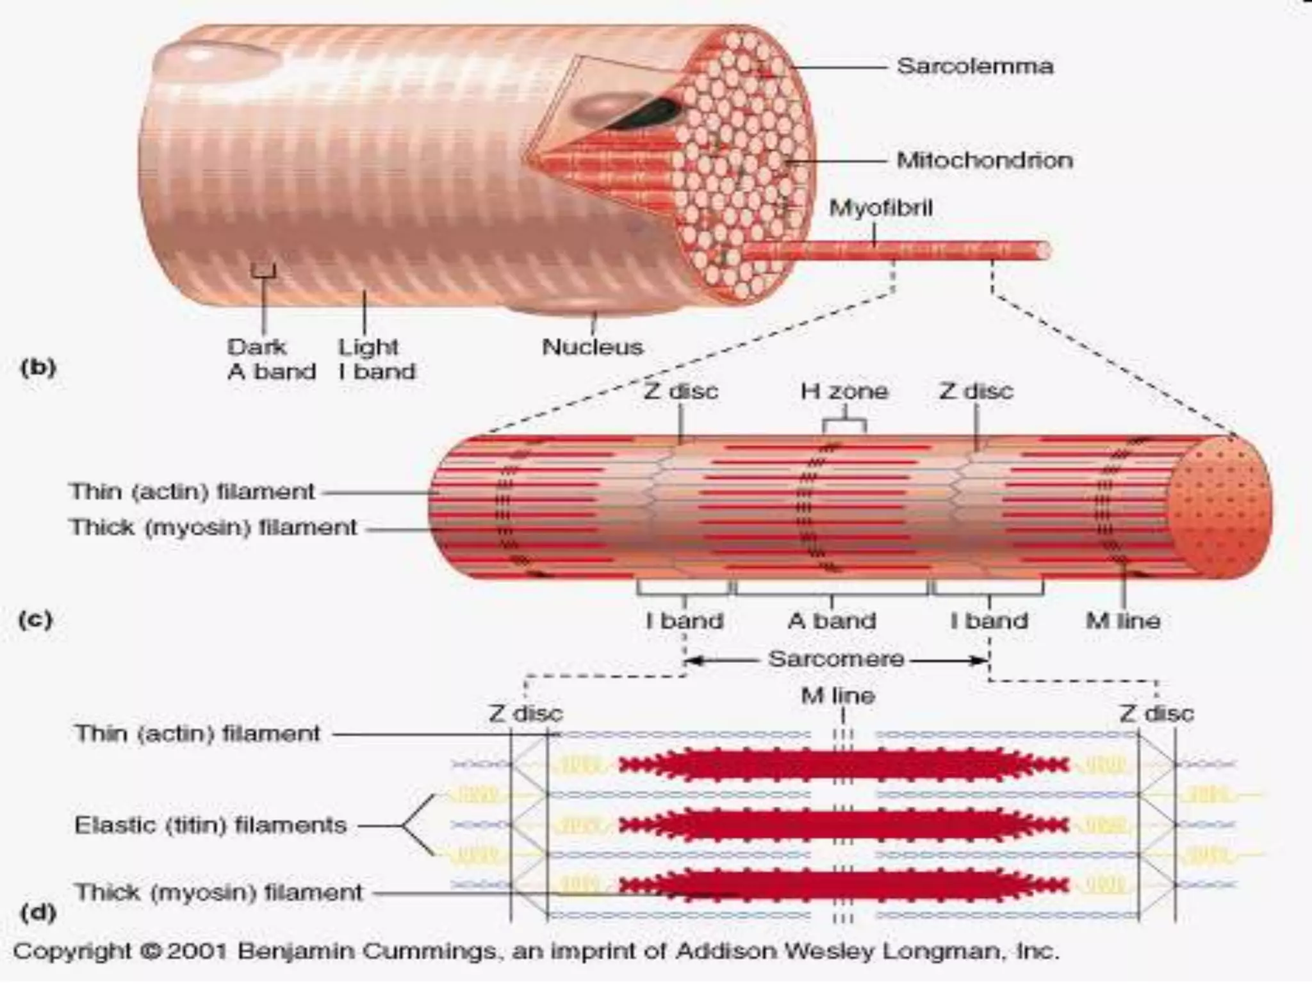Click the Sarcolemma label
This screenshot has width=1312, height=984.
974,67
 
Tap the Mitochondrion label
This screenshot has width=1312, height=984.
984,160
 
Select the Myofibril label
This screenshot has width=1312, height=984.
880,208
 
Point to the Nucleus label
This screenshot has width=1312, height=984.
593,347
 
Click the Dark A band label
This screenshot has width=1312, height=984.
271,359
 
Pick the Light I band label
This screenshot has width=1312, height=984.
377,359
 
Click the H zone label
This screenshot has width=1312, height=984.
844,391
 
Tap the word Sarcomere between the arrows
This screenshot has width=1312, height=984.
836,659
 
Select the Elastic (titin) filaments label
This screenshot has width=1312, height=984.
211,825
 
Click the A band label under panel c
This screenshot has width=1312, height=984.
832,621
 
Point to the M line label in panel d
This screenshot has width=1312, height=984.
838,696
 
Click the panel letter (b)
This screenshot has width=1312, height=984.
38,368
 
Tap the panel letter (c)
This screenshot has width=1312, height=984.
35,620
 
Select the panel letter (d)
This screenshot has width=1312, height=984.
38,912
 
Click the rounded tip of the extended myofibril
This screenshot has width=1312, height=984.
1043,250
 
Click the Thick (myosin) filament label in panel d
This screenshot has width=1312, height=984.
218,892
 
